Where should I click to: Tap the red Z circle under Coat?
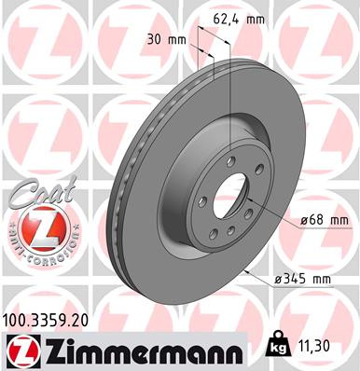tap(38, 228)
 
